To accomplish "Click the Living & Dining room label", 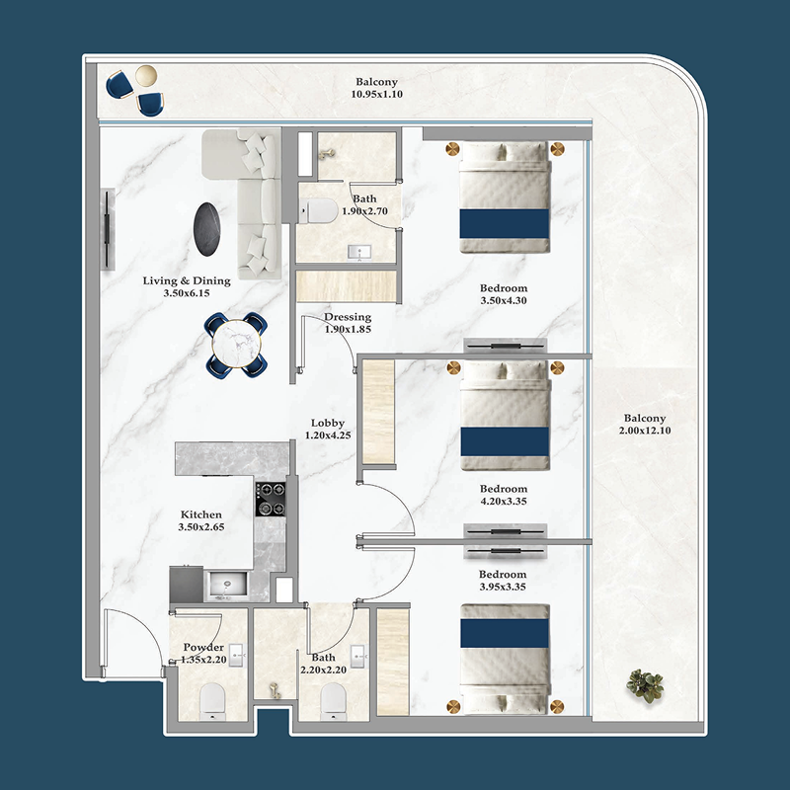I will [187, 287].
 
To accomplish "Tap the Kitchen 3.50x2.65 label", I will [200, 521].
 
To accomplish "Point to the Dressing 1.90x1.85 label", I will [348, 323].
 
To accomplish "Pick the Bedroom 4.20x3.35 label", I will [503, 495].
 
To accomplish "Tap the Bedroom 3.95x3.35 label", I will [503, 581].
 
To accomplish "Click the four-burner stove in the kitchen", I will [271, 499].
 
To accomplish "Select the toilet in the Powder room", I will [213, 700].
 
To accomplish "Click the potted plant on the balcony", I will [645, 685].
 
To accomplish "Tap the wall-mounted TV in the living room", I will [108, 229].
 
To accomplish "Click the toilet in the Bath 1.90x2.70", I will [316, 210].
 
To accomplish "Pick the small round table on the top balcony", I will [145, 77].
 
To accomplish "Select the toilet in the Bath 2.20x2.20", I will [333, 700].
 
